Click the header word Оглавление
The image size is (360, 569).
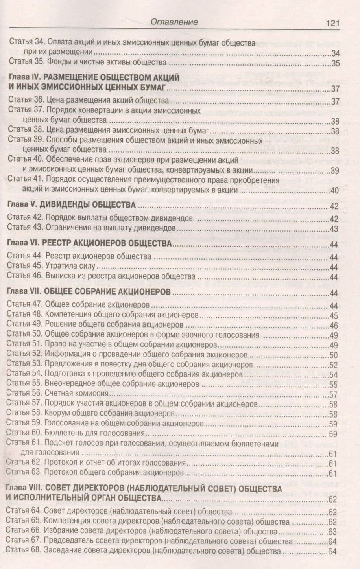(174, 22)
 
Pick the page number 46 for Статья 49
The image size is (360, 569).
(334, 326)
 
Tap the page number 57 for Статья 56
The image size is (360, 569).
(334, 394)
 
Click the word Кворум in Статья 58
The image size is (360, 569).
(58, 414)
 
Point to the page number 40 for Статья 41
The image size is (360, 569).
(334, 191)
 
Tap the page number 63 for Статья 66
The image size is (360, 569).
(333, 532)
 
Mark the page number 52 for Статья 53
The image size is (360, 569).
(334, 365)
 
